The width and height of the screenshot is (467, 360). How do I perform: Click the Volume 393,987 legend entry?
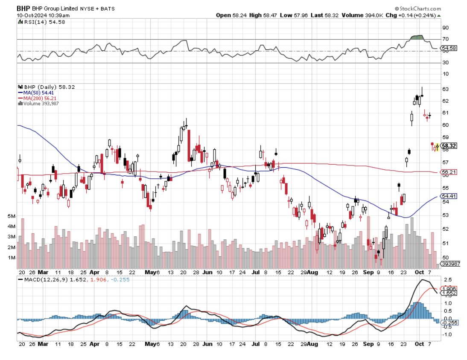(x=41, y=103)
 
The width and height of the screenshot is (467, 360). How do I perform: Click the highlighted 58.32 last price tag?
(x=449, y=146)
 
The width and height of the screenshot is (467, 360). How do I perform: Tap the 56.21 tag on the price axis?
(x=449, y=173)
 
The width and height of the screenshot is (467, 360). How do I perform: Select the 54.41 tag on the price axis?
(x=449, y=196)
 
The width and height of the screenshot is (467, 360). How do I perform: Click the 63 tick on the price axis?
(x=445, y=89)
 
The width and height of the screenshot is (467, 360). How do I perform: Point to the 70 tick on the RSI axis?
(x=445, y=40)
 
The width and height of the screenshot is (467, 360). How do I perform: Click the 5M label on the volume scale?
(x=12, y=216)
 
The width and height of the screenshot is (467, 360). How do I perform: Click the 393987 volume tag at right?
(x=450, y=264)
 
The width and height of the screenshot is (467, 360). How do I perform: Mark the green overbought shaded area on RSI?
(x=416, y=38)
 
